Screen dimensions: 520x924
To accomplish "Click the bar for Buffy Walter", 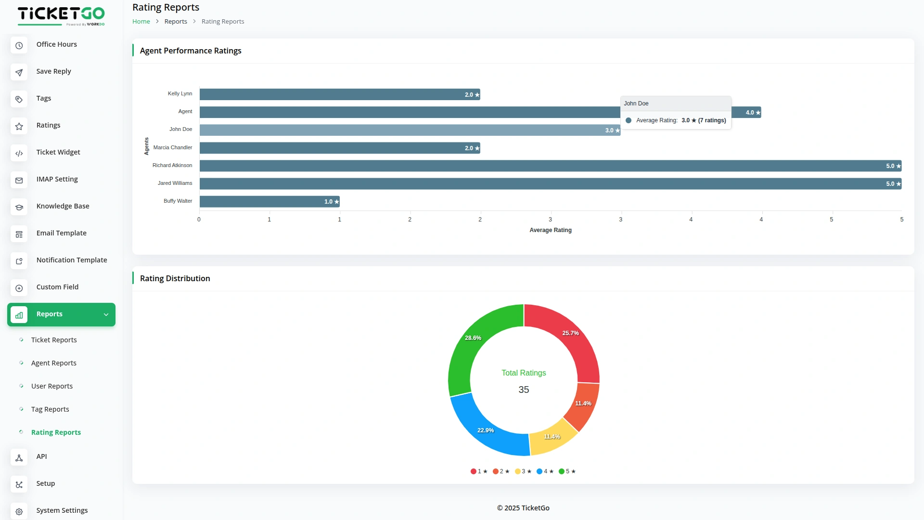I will (269, 201).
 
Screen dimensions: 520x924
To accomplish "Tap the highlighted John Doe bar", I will (409, 130).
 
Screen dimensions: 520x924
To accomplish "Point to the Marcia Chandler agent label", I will (172, 147).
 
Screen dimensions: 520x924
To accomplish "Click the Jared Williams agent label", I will (175, 183).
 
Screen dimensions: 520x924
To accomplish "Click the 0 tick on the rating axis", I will (199, 220).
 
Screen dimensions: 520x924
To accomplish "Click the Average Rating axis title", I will (550, 230).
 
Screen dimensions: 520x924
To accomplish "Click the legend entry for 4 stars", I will (545, 471).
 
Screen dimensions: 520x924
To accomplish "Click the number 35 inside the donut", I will (524, 390).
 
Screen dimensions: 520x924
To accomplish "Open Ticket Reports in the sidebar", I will (54, 340).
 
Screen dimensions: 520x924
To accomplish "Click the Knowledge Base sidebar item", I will (63, 206).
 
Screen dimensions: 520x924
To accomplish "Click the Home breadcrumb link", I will (141, 21).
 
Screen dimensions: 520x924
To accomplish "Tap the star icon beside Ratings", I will (19, 126).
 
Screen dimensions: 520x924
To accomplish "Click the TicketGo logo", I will (61, 15).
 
